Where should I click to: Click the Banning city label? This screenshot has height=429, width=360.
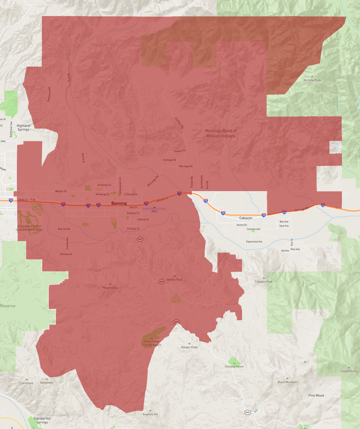pyautogui.click(x=119, y=203)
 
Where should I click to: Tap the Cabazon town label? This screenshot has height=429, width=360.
pyautogui.click(x=246, y=218)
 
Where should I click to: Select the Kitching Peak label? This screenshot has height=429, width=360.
pyautogui.click(x=312, y=80)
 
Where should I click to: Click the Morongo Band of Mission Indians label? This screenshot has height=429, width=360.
pyautogui.click(x=221, y=133)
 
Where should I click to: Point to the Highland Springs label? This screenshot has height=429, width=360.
pyautogui.click(x=23, y=128)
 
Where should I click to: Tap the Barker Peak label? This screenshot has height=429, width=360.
pyautogui.click(x=174, y=280)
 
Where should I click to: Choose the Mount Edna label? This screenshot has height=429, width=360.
pyautogui.click(x=110, y=288)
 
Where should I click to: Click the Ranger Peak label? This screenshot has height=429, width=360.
pyautogui.click(x=189, y=347)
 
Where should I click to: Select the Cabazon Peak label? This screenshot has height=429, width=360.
pyautogui.click(x=264, y=282)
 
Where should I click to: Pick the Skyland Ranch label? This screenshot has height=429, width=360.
pyautogui.click(x=234, y=366)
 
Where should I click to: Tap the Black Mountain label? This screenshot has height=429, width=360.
pyautogui.click(x=287, y=382)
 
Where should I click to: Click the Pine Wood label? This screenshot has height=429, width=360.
pyautogui.click(x=316, y=395)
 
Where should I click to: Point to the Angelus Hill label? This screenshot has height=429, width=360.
pyautogui.click(x=150, y=414)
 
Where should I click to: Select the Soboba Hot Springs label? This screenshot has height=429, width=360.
pyautogui.click(x=42, y=420)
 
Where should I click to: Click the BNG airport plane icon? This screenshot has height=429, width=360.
pyautogui.click(x=154, y=208)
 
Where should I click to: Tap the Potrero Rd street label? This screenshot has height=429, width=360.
pyautogui.click(x=179, y=123)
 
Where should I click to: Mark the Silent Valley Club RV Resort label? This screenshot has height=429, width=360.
pyautogui.click(x=151, y=343)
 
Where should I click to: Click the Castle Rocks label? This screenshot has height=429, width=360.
pyautogui.click(x=349, y=371)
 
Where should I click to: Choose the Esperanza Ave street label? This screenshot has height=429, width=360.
pyautogui.click(x=254, y=242)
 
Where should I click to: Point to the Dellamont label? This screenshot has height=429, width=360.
pyautogui.click(x=47, y=383)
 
